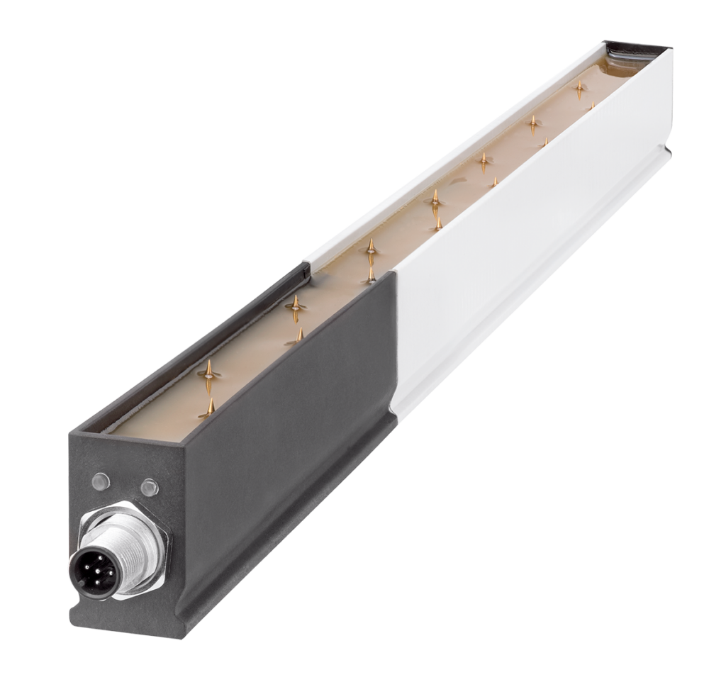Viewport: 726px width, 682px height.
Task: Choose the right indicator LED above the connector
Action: point(149,487)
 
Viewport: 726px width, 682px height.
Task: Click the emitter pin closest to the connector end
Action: point(211,407)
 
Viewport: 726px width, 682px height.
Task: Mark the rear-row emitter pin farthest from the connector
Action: point(580,88)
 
